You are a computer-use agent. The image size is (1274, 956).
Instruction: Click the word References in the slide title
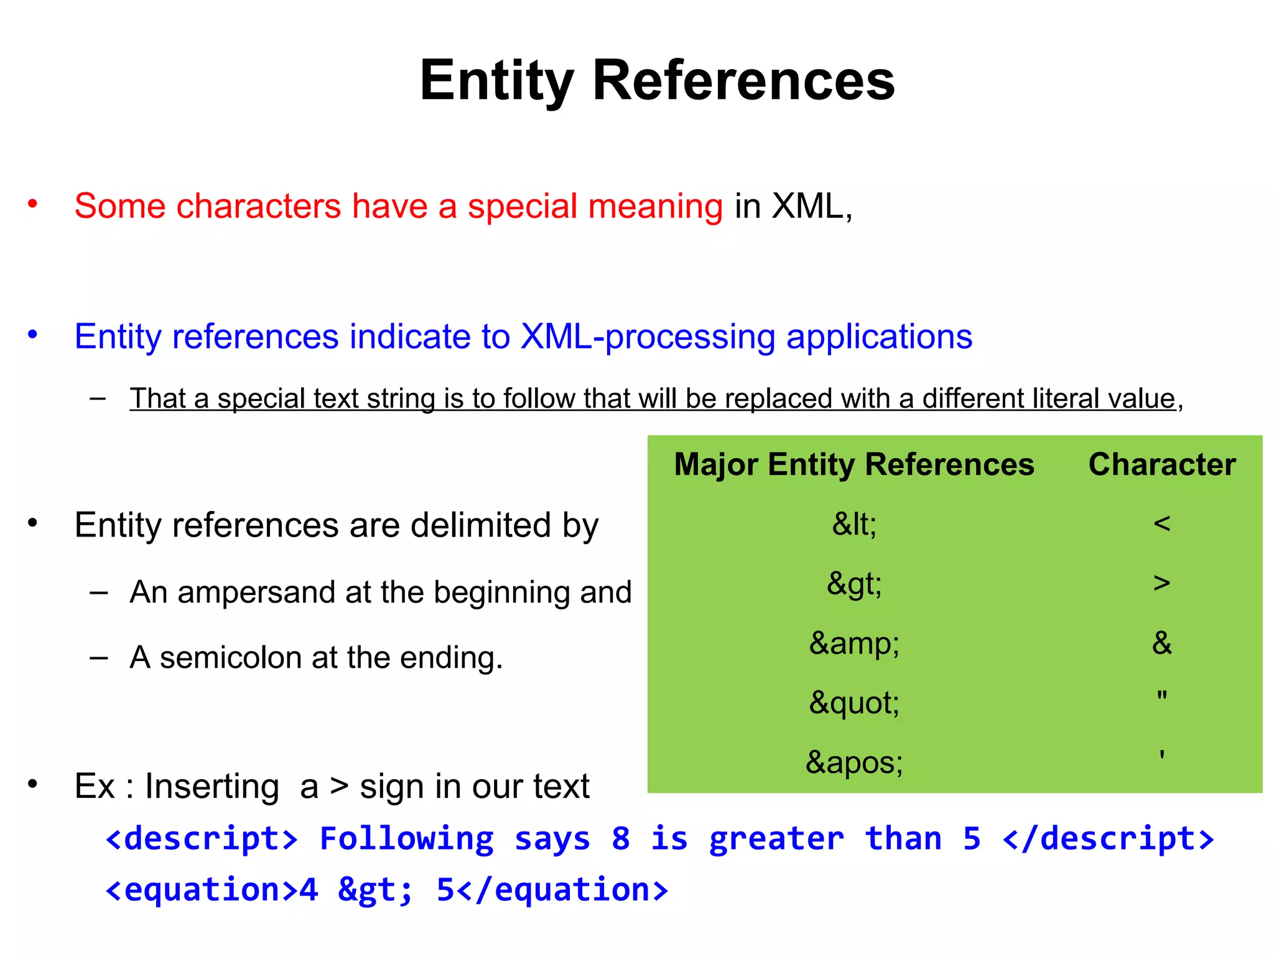point(743,81)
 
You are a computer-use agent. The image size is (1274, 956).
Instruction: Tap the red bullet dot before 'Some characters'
point(32,204)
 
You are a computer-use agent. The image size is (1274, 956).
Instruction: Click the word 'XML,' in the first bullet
point(811,207)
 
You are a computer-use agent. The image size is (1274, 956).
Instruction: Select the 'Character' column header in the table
point(1161,464)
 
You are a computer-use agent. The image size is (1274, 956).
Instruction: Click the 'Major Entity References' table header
point(853,464)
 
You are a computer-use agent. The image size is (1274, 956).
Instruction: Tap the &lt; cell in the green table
point(853,524)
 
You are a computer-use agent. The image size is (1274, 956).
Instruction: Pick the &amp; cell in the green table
point(853,643)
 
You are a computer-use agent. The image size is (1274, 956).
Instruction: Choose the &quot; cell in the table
point(853,703)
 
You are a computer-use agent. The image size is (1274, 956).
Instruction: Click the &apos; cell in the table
point(853,762)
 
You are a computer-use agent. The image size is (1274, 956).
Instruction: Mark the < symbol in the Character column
point(1161,523)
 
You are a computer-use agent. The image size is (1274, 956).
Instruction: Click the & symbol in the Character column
point(1161,643)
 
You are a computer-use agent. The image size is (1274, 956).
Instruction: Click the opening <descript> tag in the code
point(202,838)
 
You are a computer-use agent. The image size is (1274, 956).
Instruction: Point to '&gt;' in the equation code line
point(375,890)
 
